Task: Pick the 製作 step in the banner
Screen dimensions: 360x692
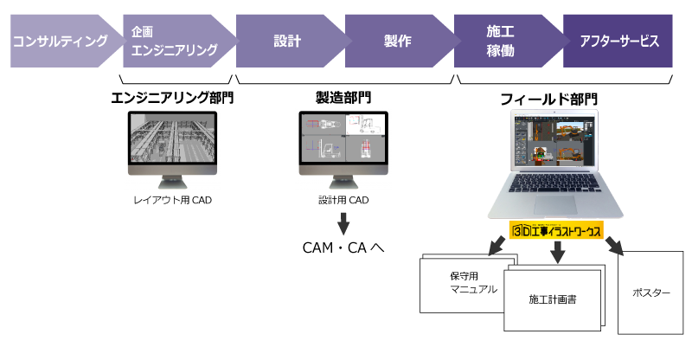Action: pos(397,41)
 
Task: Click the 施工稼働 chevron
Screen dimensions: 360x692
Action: pos(501,41)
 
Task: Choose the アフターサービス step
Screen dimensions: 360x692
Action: pos(619,41)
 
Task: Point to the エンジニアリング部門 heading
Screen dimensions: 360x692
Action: pos(173,98)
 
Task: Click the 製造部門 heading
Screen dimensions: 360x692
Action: pos(343,98)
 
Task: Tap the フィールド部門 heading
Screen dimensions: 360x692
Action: pos(548,100)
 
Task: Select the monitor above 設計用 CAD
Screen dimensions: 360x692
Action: pos(343,141)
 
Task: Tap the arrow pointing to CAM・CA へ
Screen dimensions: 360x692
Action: pos(343,222)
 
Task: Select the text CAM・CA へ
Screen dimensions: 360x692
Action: pos(343,248)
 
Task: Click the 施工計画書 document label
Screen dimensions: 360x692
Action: pos(554,299)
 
